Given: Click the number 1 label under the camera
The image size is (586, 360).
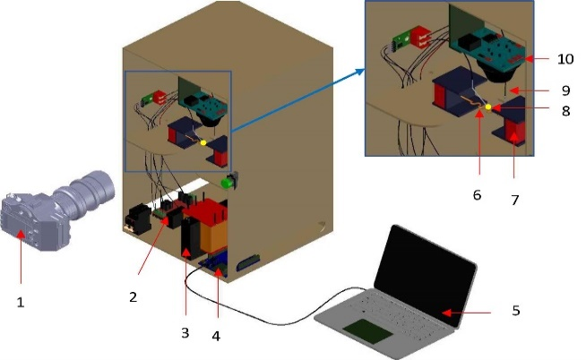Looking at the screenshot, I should pos(20,302).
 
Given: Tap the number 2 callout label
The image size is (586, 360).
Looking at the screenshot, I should pos(133,296).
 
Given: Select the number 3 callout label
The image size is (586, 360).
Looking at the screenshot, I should pos(185,332).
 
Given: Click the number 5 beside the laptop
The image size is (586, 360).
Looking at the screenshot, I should pos(514,311).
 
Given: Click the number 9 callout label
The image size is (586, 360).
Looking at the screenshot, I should pos(566,90).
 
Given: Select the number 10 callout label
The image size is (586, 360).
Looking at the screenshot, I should pos(566,59).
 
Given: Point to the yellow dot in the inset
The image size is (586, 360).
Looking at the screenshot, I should pos(488,107).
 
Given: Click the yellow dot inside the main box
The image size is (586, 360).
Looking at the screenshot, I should pos(203,143).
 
